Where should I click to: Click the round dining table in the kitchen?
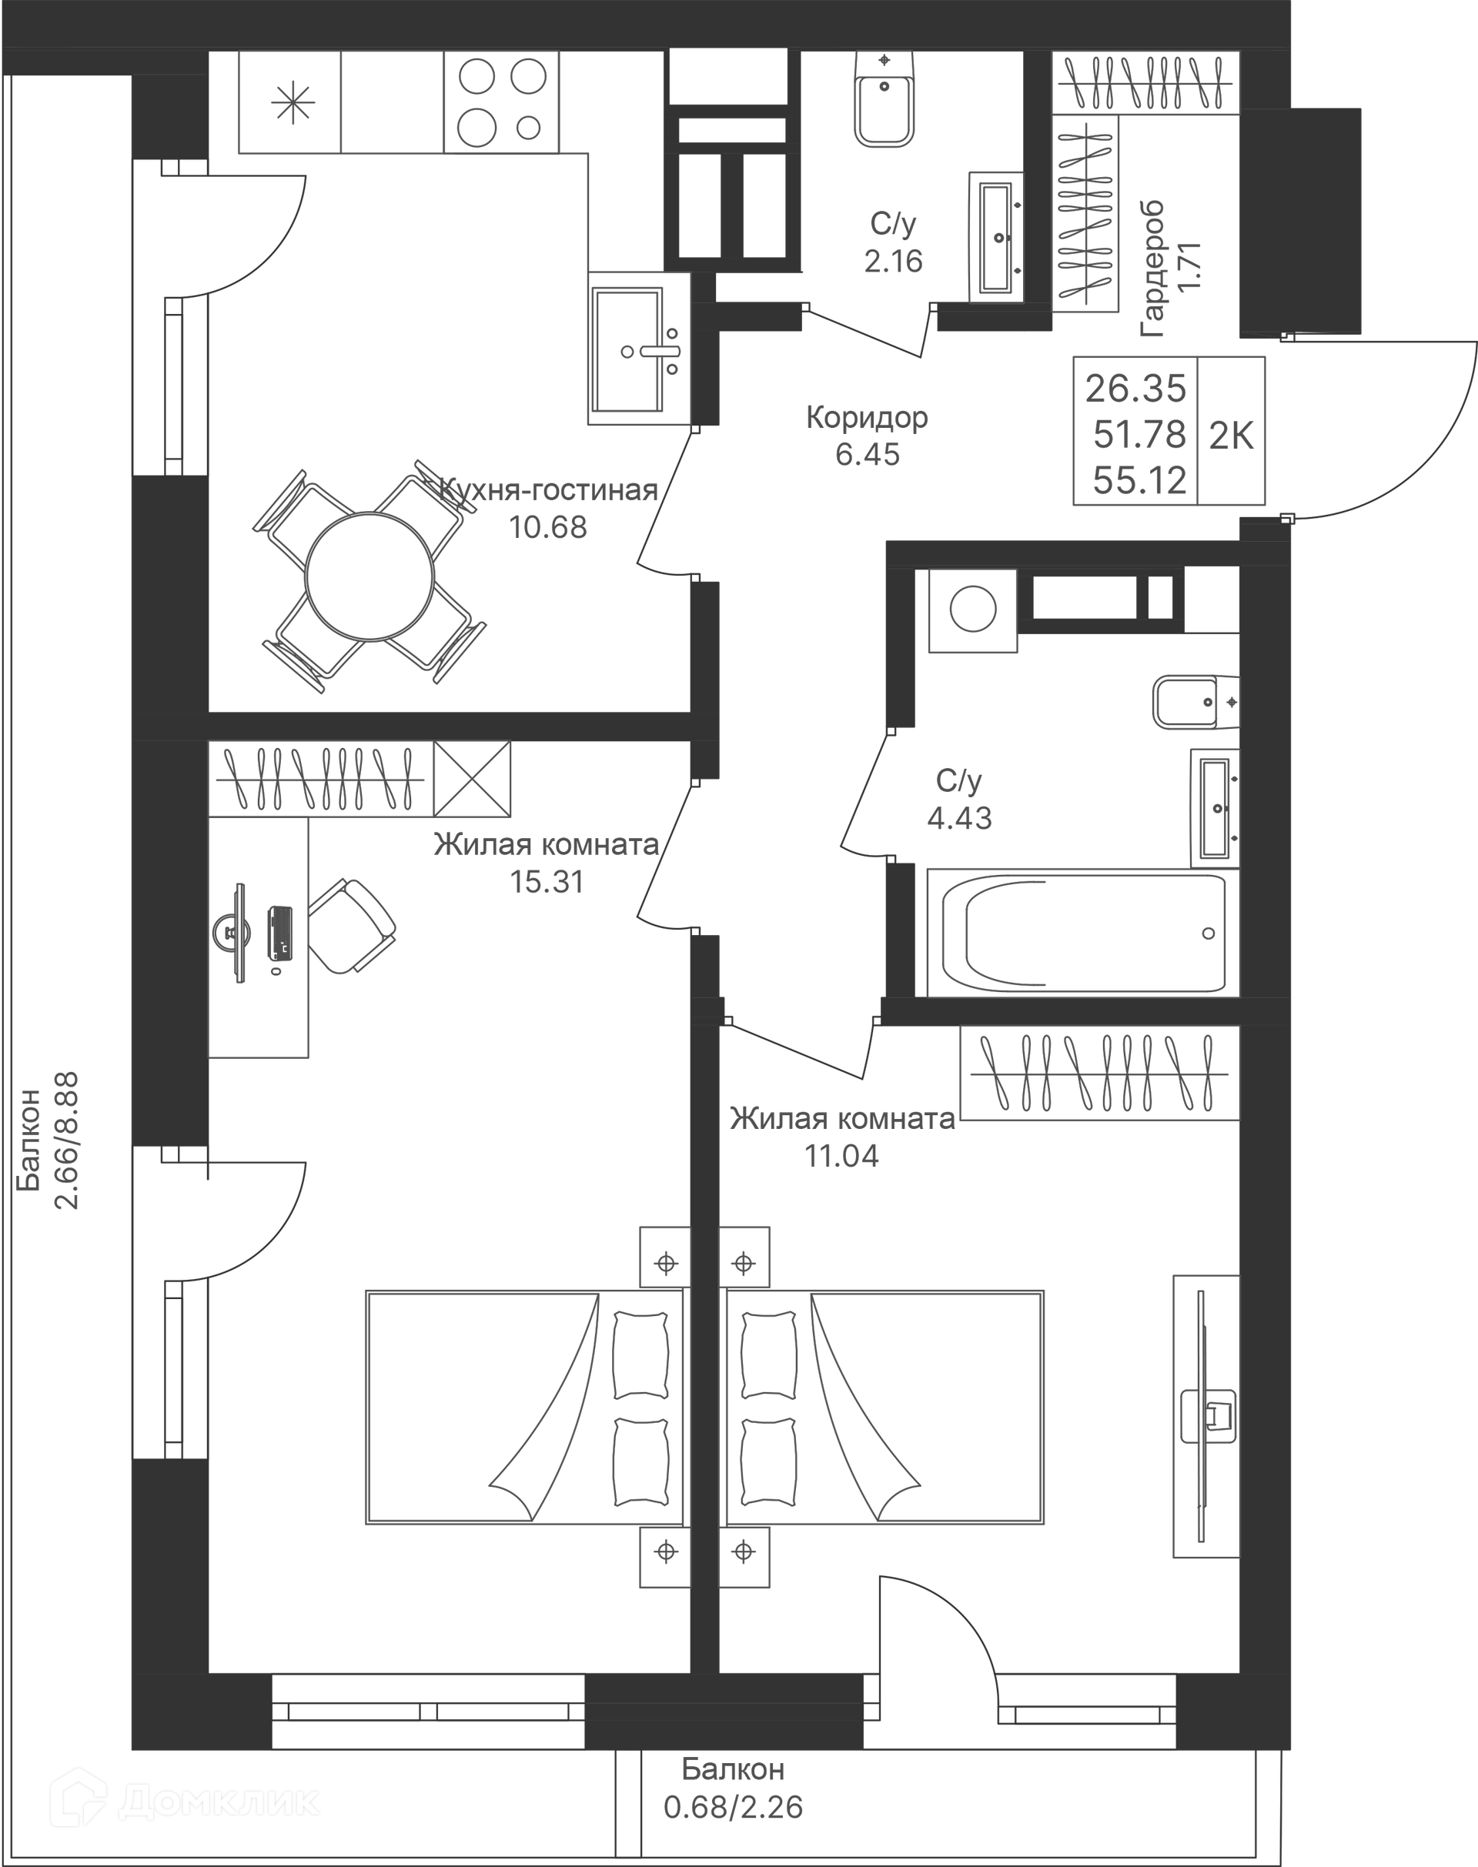click(x=369, y=576)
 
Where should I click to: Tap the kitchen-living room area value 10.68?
click(x=548, y=527)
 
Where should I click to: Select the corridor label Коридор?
click(x=867, y=417)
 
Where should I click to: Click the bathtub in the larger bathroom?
click(x=1082, y=933)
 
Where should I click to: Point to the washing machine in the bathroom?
click(x=973, y=609)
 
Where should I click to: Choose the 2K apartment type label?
click(x=1232, y=435)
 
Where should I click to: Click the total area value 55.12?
click(x=1139, y=480)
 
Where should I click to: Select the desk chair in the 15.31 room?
click(x=350, y=926)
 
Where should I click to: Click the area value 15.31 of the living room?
click(x=547, y=882)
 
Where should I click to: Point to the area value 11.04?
click(x=842, y=1155)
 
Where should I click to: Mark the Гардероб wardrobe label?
click(x=1152, y=269)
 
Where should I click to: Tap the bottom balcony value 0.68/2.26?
click(x=733, y=1806)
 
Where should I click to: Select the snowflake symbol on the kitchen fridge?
click(x=293, y=103)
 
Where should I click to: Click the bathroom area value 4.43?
click(x=960, y=817)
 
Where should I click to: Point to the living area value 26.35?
click(x=1135, y=389)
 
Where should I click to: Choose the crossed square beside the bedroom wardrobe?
click(x=472, y=778)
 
